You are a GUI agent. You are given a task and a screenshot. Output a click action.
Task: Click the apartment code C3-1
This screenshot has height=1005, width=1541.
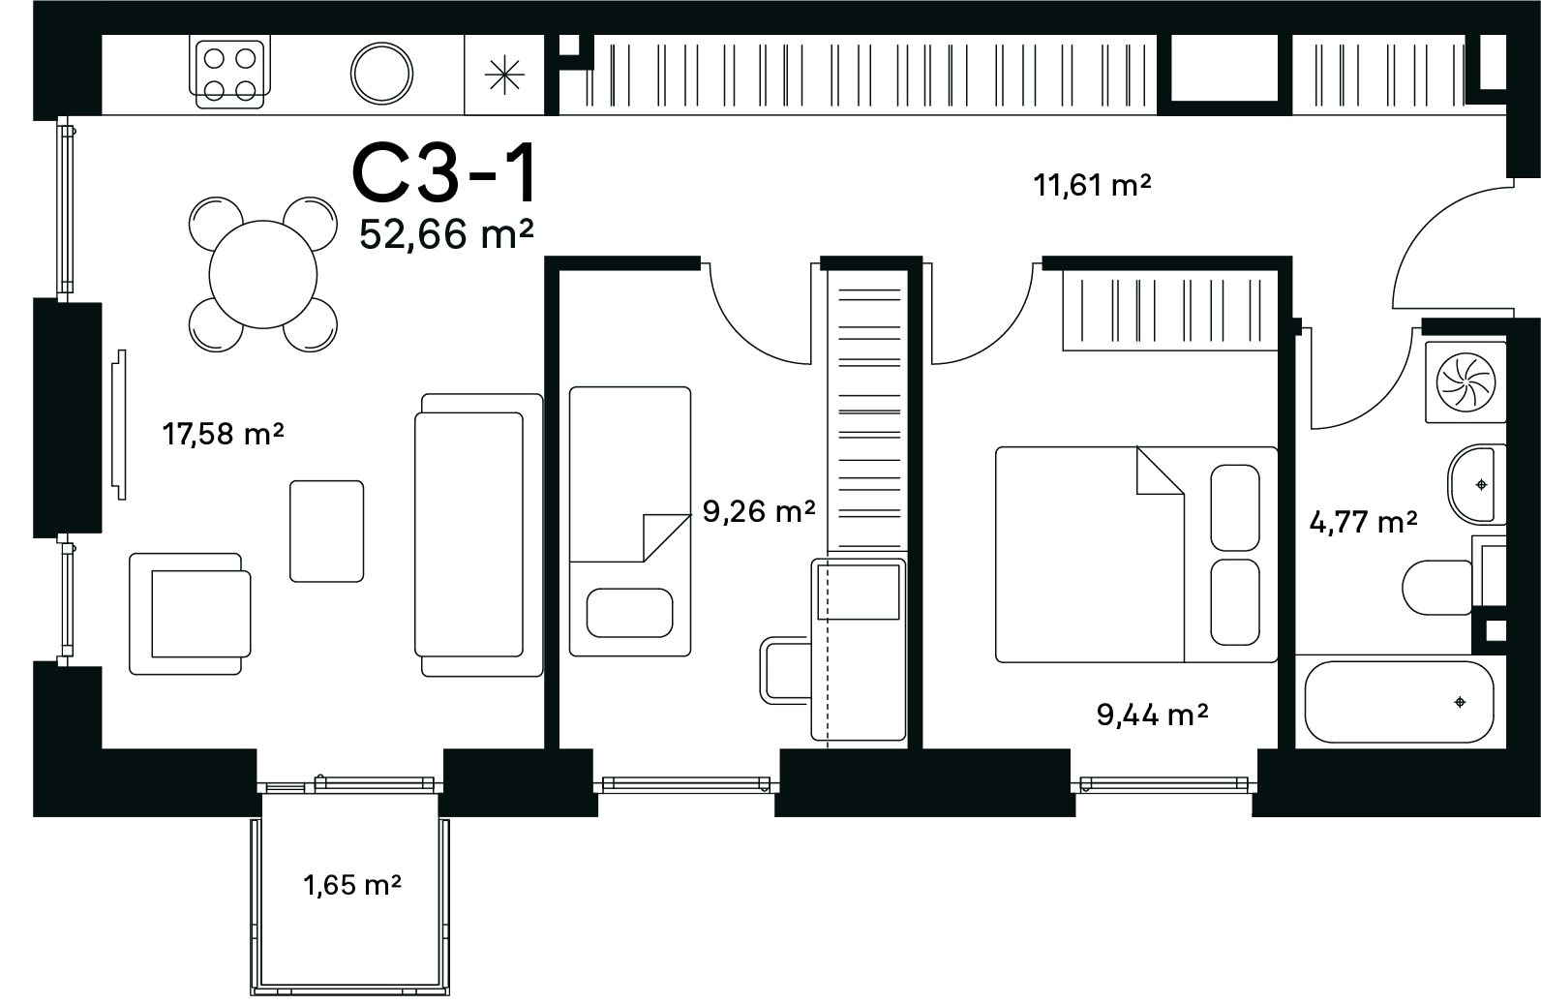pyautogui.click(x=444, y=172)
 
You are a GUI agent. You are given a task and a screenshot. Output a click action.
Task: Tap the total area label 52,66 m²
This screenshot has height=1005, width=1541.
pyautogui.click(x=446, y=234)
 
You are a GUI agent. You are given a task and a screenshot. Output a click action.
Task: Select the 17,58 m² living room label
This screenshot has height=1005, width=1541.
pyautogui.click(x=223, y=434)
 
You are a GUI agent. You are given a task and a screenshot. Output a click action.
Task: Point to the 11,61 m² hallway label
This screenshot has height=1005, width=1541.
pyautogui.click(x=1092, y=185)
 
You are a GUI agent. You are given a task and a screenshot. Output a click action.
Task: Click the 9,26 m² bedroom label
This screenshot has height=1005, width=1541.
pyautogui.click(x=759, y=511)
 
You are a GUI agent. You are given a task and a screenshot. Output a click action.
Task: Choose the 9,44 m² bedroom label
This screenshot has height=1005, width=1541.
pyautogui.click(x=1152, y=715)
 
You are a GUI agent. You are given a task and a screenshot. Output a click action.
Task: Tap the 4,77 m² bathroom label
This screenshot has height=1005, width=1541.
pyautogui.click(x=1363, y=522)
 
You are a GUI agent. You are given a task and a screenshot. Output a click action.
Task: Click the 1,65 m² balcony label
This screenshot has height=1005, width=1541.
pyautogui.click(x=352, y=885)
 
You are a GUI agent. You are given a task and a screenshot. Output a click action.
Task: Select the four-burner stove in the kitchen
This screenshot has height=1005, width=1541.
pyautogui.click(x=229, y=72)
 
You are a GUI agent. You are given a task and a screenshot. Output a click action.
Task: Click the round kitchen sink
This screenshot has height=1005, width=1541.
pyautogui.click(x=381, y=74)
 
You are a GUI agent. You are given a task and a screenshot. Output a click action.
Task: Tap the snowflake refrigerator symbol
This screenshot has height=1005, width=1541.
pyautogui.click(x=504, y=75)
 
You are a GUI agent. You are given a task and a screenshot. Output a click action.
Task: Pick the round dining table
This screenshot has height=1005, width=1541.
pyautogui.click(x=262, y=274)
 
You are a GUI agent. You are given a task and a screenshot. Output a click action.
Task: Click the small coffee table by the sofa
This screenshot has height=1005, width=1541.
pyautogui.click(x=327, y=531)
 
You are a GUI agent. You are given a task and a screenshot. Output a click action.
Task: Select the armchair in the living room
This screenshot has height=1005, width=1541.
pyautogui.click(x=191, y=614)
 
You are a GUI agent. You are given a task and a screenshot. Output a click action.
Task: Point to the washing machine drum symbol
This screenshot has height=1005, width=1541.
pyautogui.click(x=1466, y=381)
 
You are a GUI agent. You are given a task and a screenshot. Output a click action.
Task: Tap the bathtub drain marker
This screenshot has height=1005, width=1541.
pyautogui.click(x=1460, y=702)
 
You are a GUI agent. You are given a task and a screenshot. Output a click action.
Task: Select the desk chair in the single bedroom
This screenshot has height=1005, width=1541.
pyautogui.click(x=786, y=671)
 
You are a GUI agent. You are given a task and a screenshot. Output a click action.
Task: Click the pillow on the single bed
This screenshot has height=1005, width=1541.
pyautogui.click(x=629, y=613)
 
